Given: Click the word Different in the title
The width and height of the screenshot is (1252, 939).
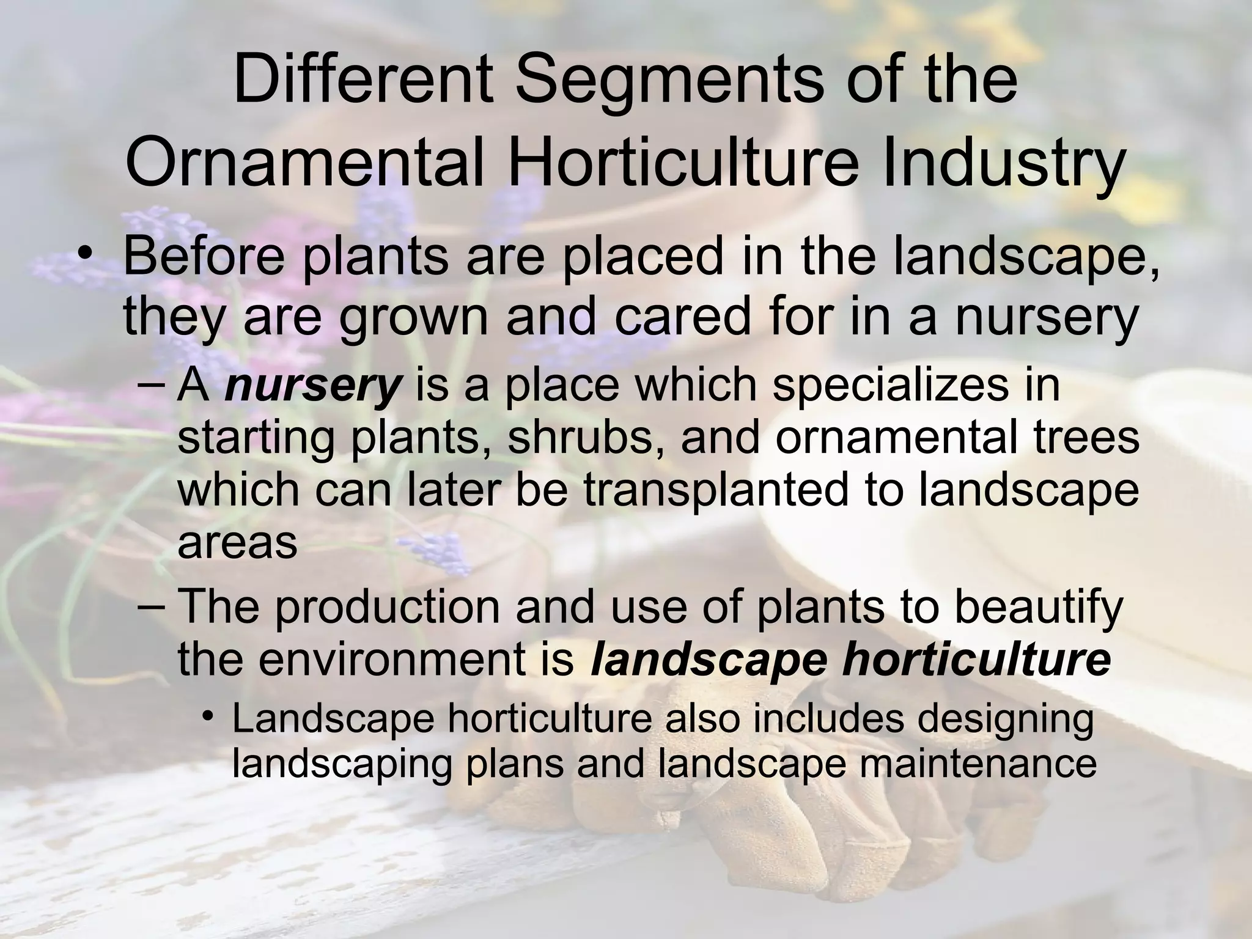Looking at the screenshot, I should pyautogui.click(x=363, y=80).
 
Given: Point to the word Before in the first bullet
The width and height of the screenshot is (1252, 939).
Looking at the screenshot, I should pyautogui.click(x=204, y=257).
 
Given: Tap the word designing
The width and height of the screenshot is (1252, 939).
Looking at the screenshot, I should pyautogui.click(x=1005, y=719).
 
